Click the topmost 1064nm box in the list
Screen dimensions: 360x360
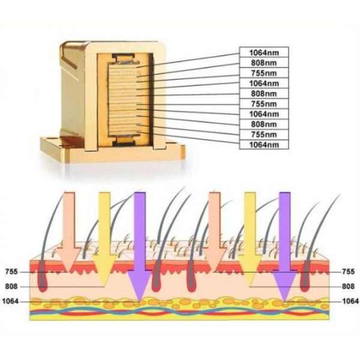click(264, 53)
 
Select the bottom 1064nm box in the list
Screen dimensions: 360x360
click(264, 145)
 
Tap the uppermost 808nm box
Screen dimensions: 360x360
click(264, 62)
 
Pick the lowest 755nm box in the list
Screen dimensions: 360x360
click(264, 134)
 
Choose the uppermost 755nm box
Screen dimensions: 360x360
click(264, 73)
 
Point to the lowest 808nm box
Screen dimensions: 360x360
click(264, 124)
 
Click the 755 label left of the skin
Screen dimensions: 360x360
click(11, 272)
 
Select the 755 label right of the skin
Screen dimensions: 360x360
click(348, 272)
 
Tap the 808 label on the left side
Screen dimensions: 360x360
click(11, 287)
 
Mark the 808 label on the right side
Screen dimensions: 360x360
click(348, 287)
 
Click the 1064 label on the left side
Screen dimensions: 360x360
click(10, 301)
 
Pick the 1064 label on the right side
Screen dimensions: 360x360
click(350, 301)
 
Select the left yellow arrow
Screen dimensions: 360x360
click(104, 239)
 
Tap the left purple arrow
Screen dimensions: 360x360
click(140, 247)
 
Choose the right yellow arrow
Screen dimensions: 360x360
click(250, 239)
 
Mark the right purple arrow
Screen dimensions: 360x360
click(284, 247)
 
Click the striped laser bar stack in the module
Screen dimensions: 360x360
click(124, 100)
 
